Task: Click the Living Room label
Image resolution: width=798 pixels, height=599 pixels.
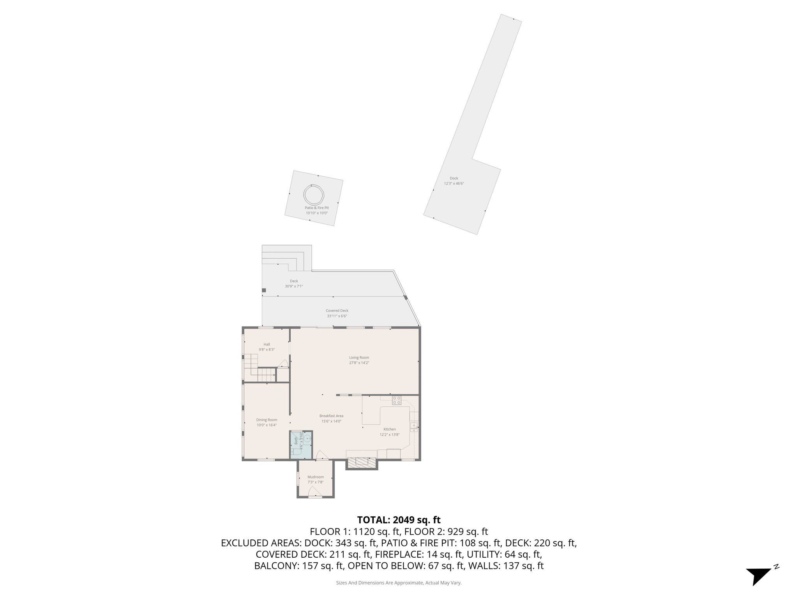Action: click(359, 358)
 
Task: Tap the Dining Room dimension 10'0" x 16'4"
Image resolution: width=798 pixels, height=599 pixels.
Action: click(267, 425)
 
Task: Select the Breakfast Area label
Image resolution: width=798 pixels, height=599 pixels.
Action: click(331, 416)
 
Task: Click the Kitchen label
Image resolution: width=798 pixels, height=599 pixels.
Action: click(389, 429)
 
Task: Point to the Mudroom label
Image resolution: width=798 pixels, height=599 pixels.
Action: click(315, 477)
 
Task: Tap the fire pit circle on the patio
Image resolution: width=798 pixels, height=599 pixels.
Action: click(314, 194)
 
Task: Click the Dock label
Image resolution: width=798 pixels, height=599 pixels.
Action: click(454, 178)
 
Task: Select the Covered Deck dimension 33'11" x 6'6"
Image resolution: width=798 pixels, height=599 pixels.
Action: click(337, 316)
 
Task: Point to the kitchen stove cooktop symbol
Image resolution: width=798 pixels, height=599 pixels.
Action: click(397, 400)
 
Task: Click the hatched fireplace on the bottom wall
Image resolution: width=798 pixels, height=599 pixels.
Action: click(362, 463)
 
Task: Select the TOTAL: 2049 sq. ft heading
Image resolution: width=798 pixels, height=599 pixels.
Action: click(399, 520)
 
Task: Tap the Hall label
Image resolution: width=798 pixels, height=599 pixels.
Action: click(267, 344)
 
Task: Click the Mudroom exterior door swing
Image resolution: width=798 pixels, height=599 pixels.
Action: click(315, 492)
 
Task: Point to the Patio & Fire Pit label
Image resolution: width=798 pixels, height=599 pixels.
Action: click(316, 208)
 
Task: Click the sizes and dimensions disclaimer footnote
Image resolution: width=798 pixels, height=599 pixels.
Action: click(399, 583)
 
